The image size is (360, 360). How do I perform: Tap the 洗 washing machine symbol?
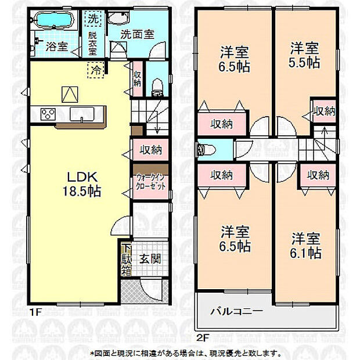click(x=92, y=18)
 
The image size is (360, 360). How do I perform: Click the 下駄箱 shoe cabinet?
click(x=127, y=259)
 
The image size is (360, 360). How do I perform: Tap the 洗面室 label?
click(x=137, y=34)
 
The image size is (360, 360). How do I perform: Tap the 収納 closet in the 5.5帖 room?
click(x=323, y=110)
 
